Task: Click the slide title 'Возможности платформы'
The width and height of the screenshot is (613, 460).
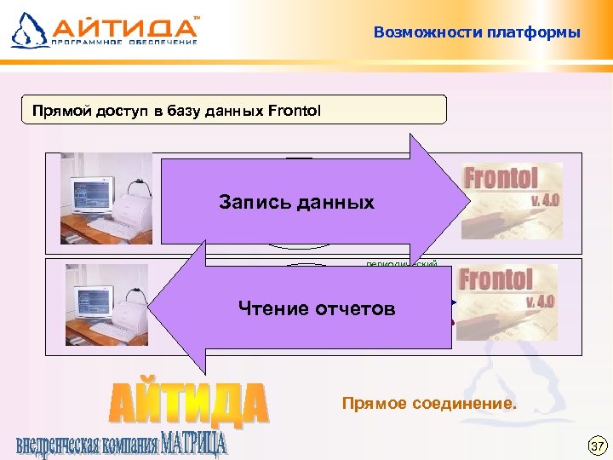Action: tap(477, 33)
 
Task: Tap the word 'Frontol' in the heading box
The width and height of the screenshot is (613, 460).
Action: tap(295, 111)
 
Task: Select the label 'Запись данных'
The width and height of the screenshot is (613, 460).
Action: tap(296, 203)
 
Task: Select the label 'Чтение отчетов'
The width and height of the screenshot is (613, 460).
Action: tap(317, 308)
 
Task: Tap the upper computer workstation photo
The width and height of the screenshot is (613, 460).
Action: tap(106, 198)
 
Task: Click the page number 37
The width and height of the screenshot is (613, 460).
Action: tap(598, 446)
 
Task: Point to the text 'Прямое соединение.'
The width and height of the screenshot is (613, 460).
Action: tap(428, 402)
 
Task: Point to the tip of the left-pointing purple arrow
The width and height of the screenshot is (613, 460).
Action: tap(150, 307)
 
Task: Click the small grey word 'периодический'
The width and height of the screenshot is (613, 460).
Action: tap(401, 264)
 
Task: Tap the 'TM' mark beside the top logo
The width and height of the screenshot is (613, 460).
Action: tap(198, 16)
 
